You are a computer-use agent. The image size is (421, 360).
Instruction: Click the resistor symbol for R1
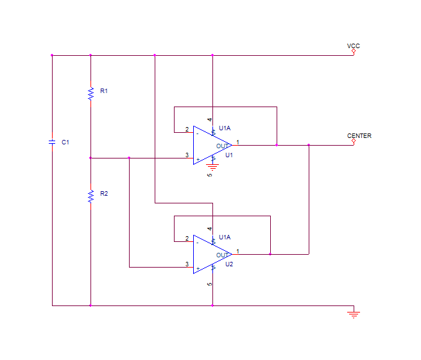(x=90, y=94)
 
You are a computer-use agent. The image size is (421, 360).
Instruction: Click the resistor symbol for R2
(x=90, y=196)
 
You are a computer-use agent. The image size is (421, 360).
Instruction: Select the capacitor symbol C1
(x=52, y=142)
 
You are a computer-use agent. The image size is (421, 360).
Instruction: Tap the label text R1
(x=104, y=91)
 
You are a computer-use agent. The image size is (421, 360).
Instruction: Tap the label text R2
(x=104, y=194)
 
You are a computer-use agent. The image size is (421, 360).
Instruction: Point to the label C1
(x=65, y=142)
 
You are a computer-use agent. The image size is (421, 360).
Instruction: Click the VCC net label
(x=354, y=46)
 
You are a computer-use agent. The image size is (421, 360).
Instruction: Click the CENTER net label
(x=359, y=135)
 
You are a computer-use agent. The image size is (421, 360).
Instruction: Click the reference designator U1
(x=229, y=155)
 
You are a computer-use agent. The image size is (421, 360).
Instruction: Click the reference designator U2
(x=229, y=264)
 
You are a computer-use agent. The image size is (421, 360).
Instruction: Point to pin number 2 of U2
(x=187, y=239)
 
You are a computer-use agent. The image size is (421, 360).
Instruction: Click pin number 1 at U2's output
(x=237, y=251)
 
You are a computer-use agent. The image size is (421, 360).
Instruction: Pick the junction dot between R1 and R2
(x=90, y=158)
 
